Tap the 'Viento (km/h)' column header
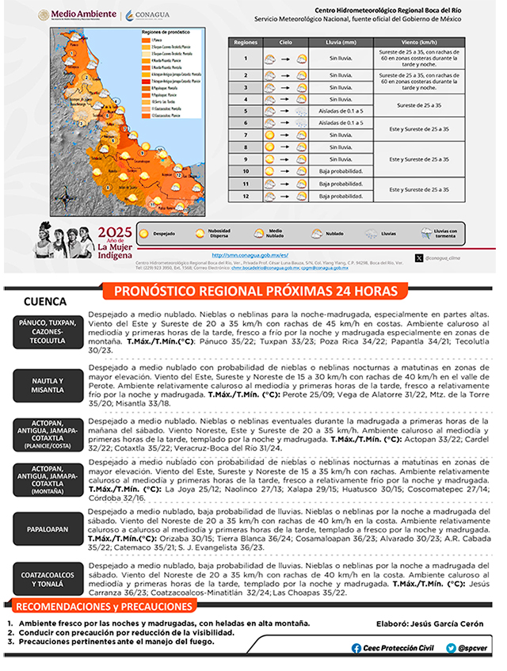tap(419, 42)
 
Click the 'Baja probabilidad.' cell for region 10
tap(340, 170)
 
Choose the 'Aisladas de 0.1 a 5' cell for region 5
tap(340, 112)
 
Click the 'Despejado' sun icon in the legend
tap(144, 234)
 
